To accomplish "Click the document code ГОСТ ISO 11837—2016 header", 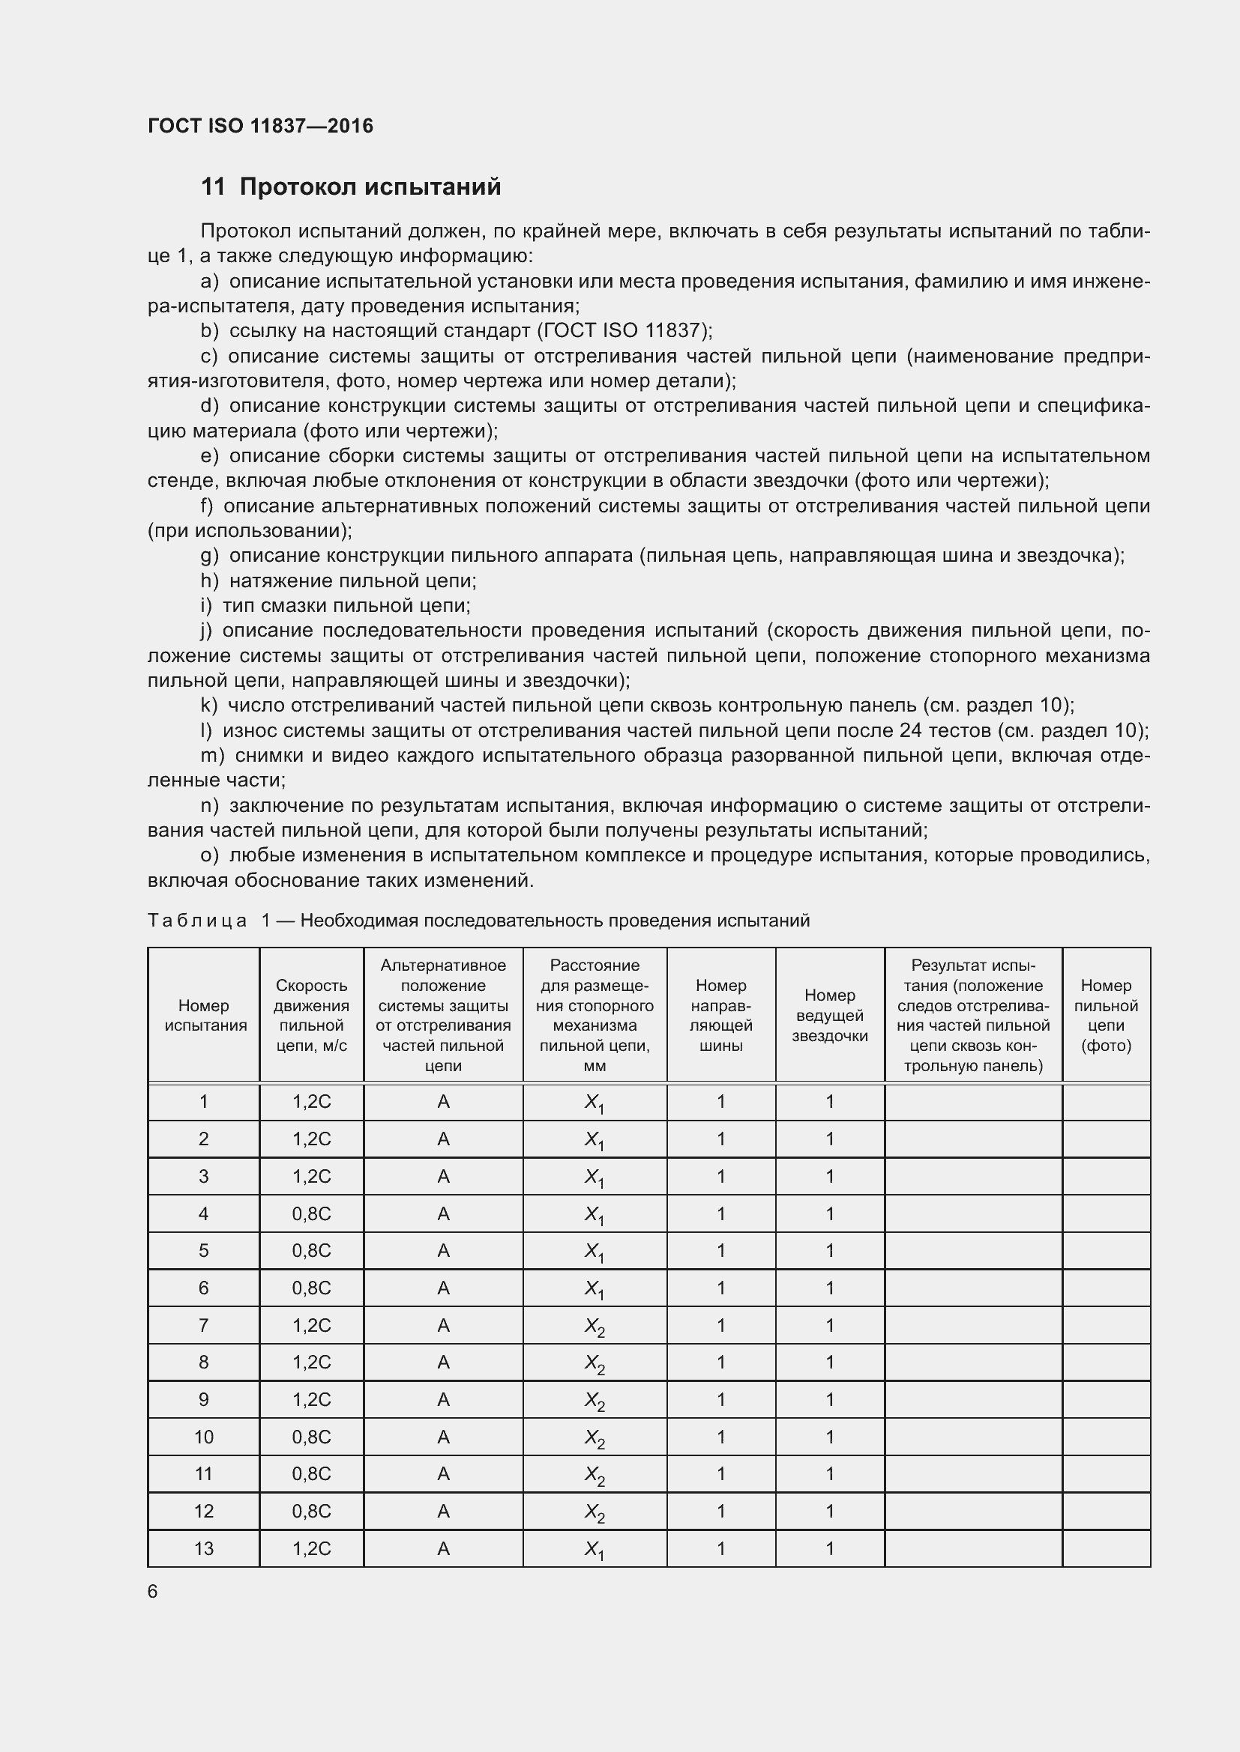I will click(x=260, y=126).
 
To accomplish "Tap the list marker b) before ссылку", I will click(x=209, y=330).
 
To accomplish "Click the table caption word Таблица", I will click(x=197, y=921).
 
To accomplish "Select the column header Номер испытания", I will click(x=204, y=1016).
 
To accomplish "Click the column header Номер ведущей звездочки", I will click(x=829, y=1016).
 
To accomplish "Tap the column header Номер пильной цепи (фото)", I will click(x=1106, y=1016).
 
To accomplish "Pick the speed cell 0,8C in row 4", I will click(x=312, y=1214).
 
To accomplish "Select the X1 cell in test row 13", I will click(x=594, y=1549).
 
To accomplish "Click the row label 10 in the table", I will click(x=204, y=1437).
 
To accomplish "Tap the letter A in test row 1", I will click(x=443, y=1102).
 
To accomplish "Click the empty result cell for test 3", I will click(x=973, y=1177).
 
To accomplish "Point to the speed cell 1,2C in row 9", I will click(x=312, y=1400).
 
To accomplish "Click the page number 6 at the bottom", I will click(x=153, y=1592).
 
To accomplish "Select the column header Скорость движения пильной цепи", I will click(x=312, y=1016).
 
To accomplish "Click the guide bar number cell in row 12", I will click(x=720, y=1512).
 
